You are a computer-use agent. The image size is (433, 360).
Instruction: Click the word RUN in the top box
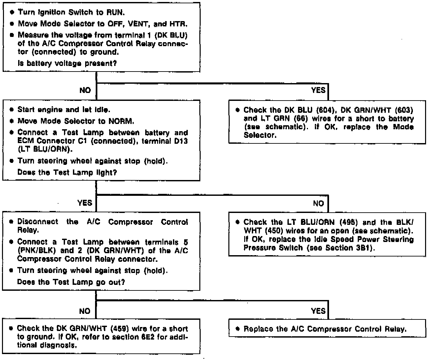[x=115, y=13]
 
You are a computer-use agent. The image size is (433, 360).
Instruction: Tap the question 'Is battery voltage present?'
[x=67, y=63]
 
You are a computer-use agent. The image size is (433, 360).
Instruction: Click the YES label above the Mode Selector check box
[x=318, y=90]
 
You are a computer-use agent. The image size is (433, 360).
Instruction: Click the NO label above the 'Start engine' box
[x=85, y=90]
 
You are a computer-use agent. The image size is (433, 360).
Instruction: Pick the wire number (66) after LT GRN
[x=299, y=118]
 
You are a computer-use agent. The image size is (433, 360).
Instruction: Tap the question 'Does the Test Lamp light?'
[x=67, y=172]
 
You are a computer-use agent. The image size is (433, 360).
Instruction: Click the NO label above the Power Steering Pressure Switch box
[x=318, y=203]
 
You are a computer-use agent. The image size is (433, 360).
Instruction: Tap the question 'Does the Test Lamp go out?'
[x=71, y=282]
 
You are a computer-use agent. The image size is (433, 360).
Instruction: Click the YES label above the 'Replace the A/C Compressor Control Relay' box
[x=318, y=311]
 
